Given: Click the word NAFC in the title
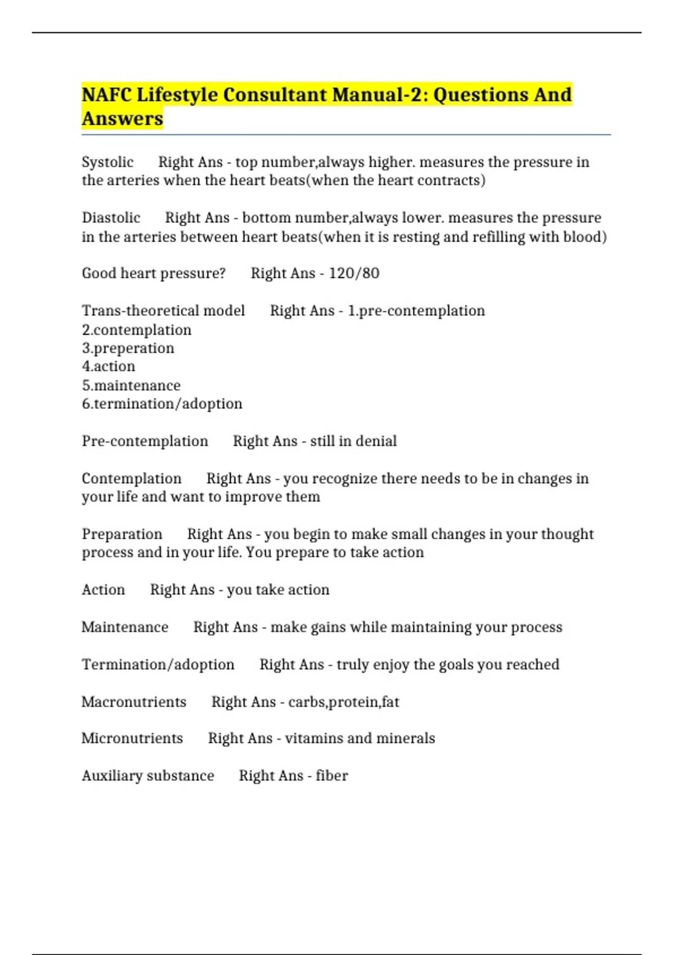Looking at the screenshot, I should click(x=107, y=94).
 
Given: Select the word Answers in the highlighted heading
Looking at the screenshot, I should click(x=122, y=119).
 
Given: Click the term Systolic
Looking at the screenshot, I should click(x=107, y=162).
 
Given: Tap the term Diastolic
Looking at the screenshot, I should click(x=111, y=217).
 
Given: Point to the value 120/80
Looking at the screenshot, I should click(x=354, y=274).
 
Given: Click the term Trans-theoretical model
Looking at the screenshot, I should click(x=163, y=311).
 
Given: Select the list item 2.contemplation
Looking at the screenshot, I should click(x=136, y=330).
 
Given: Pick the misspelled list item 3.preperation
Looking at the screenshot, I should click(x=128, y=348).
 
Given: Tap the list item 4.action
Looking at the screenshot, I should click(x=108, y=366).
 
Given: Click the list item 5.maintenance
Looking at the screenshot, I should click(x=131, y=385).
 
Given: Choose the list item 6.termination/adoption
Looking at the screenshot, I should click(x=162, y=404).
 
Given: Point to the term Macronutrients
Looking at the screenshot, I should click(x=134, y=702).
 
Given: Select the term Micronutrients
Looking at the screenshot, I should click(x=132, y=738).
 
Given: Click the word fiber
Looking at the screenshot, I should click(x=331, y=776).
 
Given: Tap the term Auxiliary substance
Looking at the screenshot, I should click(x=148, y=776).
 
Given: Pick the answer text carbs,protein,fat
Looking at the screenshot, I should click(x=344, y=702).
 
